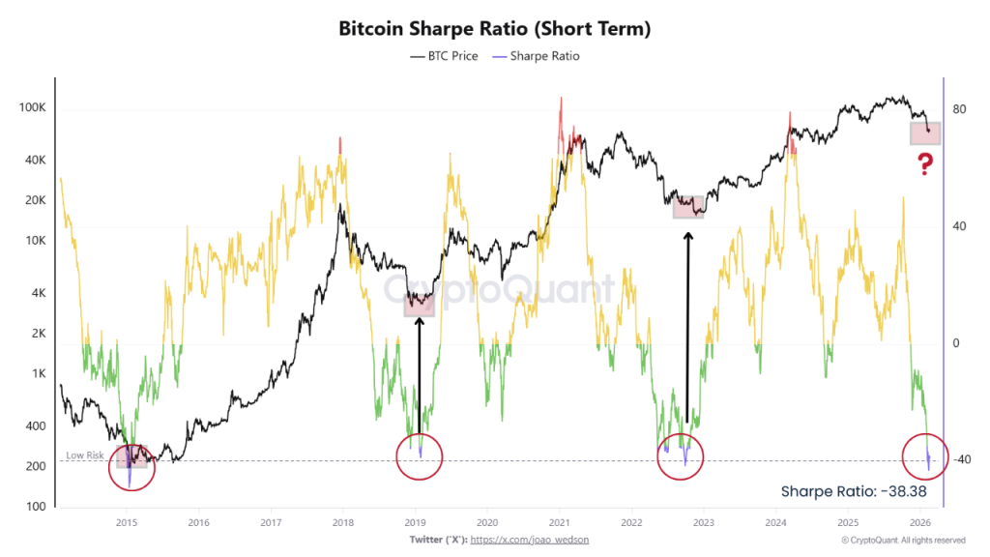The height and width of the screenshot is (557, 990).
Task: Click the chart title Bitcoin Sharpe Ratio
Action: [x=494, y=29]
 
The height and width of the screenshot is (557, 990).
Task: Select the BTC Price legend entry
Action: [x=444, y=56]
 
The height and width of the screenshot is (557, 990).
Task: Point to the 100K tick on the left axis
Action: [x=33, y=108]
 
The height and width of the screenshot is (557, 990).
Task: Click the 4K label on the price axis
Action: [x=37, y=293]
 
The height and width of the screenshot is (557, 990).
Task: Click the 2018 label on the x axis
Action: [x=342, y=521]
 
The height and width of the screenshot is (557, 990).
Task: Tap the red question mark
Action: [x=925, y=165]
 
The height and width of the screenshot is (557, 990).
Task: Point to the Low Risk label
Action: [x=84, y=455]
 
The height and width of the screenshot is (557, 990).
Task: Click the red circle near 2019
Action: [x=419, y=455]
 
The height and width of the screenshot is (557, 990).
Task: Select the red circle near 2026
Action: [x=925, y=457]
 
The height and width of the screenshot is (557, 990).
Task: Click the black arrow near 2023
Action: [x=687, y=329]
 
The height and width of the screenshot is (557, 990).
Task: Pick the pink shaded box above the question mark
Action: [x=924, y=132]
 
